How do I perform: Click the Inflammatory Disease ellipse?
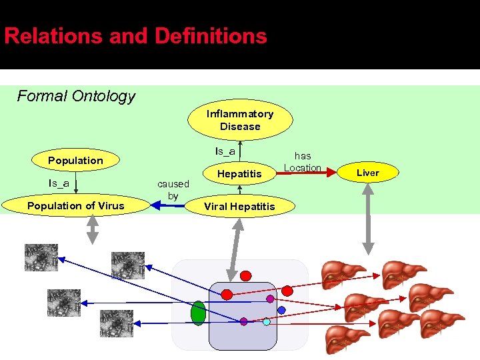tap(240, 120)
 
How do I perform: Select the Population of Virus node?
tap(75, 205)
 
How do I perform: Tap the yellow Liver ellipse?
tap(367, 173)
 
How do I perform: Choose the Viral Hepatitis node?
tap(239, 206)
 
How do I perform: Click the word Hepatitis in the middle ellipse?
tap(240, 173)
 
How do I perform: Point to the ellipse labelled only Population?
tap(75, 160)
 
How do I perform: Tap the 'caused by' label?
tap(173, 189)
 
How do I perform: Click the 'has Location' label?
tap(303, 161)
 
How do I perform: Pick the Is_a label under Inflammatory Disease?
tap(225, 151)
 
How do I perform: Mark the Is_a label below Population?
tap(59, 183)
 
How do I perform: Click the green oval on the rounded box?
tap(198, 313)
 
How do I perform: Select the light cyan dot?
tap(267, 322)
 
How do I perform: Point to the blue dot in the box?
tap(281, 310)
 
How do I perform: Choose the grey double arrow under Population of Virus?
tap(93, 228)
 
